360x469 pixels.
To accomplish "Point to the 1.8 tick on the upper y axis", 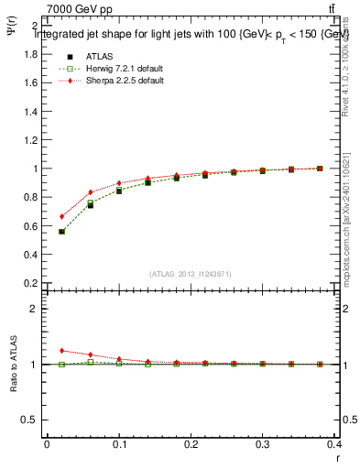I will tap(27, 54).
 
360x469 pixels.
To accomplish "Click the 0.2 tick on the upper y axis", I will tap(27, 283).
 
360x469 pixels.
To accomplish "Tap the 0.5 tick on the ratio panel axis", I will tap(27, 420).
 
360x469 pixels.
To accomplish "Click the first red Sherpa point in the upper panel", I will tap(61, 217).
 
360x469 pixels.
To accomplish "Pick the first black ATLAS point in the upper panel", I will tap(61, 232).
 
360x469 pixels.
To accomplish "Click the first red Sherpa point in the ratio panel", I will tap(61, 351).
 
